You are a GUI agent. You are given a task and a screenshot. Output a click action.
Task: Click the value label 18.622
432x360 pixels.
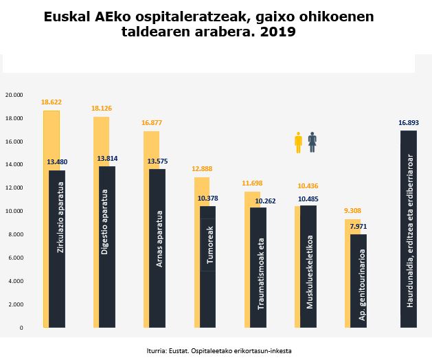click(x=51, y=102)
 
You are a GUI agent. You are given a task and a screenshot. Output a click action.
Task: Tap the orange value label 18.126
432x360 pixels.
click(x=102, y=108)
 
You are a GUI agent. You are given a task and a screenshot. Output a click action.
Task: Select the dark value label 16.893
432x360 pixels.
click(x=408, y=123)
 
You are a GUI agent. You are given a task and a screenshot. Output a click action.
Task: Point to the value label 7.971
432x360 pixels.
click(x=359, y=226)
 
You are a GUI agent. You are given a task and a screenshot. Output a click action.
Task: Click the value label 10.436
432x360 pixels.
click(x=308, y=186)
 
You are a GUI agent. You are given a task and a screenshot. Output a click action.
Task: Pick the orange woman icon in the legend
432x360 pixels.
click(x=298, y=144)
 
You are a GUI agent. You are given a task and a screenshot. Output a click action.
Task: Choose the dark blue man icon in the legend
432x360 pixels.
click(x=312, y=143)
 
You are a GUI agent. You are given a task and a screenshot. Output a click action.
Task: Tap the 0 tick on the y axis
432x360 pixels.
click(x=21, y=328)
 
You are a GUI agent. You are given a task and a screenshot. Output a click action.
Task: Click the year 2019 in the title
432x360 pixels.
click(x=279, y=32)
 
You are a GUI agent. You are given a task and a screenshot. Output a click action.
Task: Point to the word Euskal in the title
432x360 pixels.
click(x=72, y=16)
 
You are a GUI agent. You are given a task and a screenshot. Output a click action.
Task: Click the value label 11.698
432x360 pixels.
click(x=253, y=183)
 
